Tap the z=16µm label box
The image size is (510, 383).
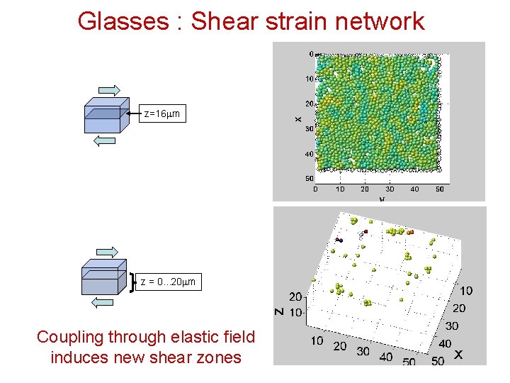coord(161,113)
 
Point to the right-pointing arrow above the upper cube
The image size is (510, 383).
coord(110,89)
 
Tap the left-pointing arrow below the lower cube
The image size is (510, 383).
coord(103,303)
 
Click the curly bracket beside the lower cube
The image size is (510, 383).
coord(133,282)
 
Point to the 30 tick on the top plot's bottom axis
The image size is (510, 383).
coord(389,189)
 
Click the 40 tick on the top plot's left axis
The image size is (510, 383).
coord(310,154)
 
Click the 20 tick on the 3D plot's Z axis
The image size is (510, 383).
coord(295,297)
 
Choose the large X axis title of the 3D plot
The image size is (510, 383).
coord(458,353)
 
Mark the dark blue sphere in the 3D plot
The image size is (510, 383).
coord(340,240)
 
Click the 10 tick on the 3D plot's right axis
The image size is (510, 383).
coord(467,290)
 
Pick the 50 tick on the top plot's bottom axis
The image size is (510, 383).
coord(439,189)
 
